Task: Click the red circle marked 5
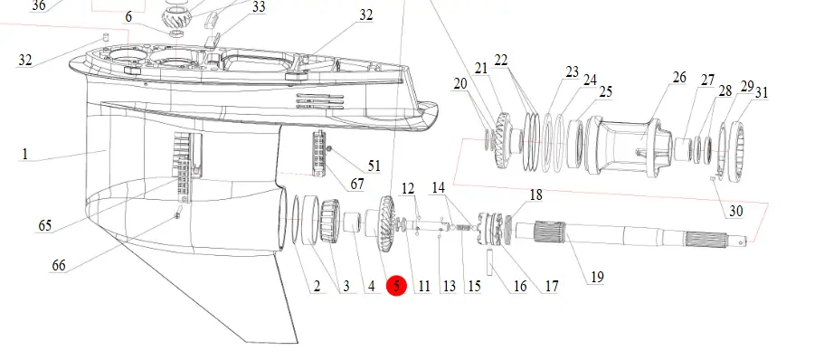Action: (396, 286)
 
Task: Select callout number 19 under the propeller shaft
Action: (597, 277)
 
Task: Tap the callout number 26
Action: (679, 77)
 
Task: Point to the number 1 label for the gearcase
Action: (24, 155)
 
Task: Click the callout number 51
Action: (374, 166)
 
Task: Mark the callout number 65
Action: (44, 226)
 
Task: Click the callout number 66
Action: (58, 265)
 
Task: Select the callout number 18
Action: (535, 195)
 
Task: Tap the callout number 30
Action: (735, 211)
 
